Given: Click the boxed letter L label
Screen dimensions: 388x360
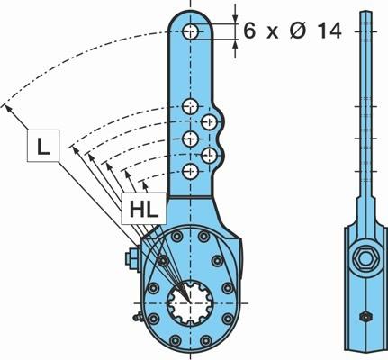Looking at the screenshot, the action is coord(43,146).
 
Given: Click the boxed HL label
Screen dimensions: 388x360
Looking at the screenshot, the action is coord(144,209).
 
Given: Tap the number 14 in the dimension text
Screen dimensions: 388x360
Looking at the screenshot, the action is coord(329,31).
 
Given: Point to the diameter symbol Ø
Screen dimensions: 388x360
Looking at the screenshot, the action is coord(299,31).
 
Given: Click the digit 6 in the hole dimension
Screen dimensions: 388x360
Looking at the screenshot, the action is coord(249,31).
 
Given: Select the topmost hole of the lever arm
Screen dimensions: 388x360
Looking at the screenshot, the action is coord(190,31).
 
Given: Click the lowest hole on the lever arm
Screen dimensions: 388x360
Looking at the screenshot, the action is coord(190,172).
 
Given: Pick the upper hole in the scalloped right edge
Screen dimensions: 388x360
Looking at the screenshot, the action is coord(209,121).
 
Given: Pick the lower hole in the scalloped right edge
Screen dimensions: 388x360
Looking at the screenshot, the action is coord(209,156).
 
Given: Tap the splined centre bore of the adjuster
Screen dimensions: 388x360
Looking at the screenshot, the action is coord(190,302).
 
